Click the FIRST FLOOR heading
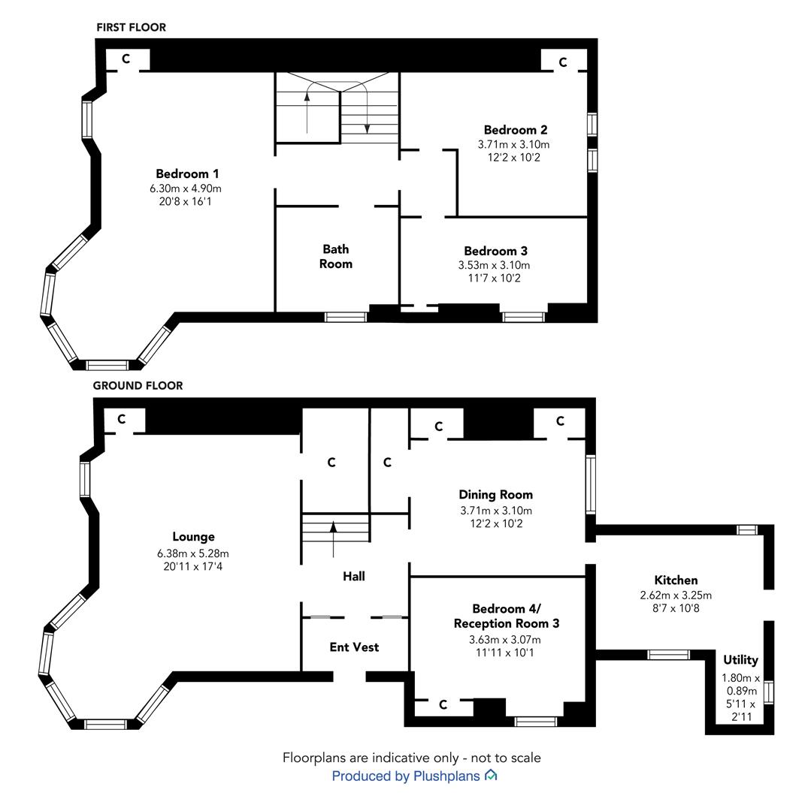coord(131,28)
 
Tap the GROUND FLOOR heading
coord(138,386)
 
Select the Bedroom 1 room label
coord(187,173)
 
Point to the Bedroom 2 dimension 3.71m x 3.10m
coord(513,144)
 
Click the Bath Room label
coord(336,257)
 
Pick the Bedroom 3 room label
coord(496,252)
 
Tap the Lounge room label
coord(194,537)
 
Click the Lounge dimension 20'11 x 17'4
coord(193,566)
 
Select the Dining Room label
coord(496,495)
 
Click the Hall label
coord(354,576)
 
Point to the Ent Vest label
coord(354,647)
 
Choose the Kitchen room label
coord(676,580)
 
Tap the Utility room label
coord(740,660)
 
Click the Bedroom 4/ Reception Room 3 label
coord(507,616)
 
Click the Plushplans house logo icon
coord(491,775)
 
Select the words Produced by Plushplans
coord(406,776)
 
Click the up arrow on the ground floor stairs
coord(333,539)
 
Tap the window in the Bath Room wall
coord(346,317)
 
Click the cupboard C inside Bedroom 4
coord(443,704)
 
